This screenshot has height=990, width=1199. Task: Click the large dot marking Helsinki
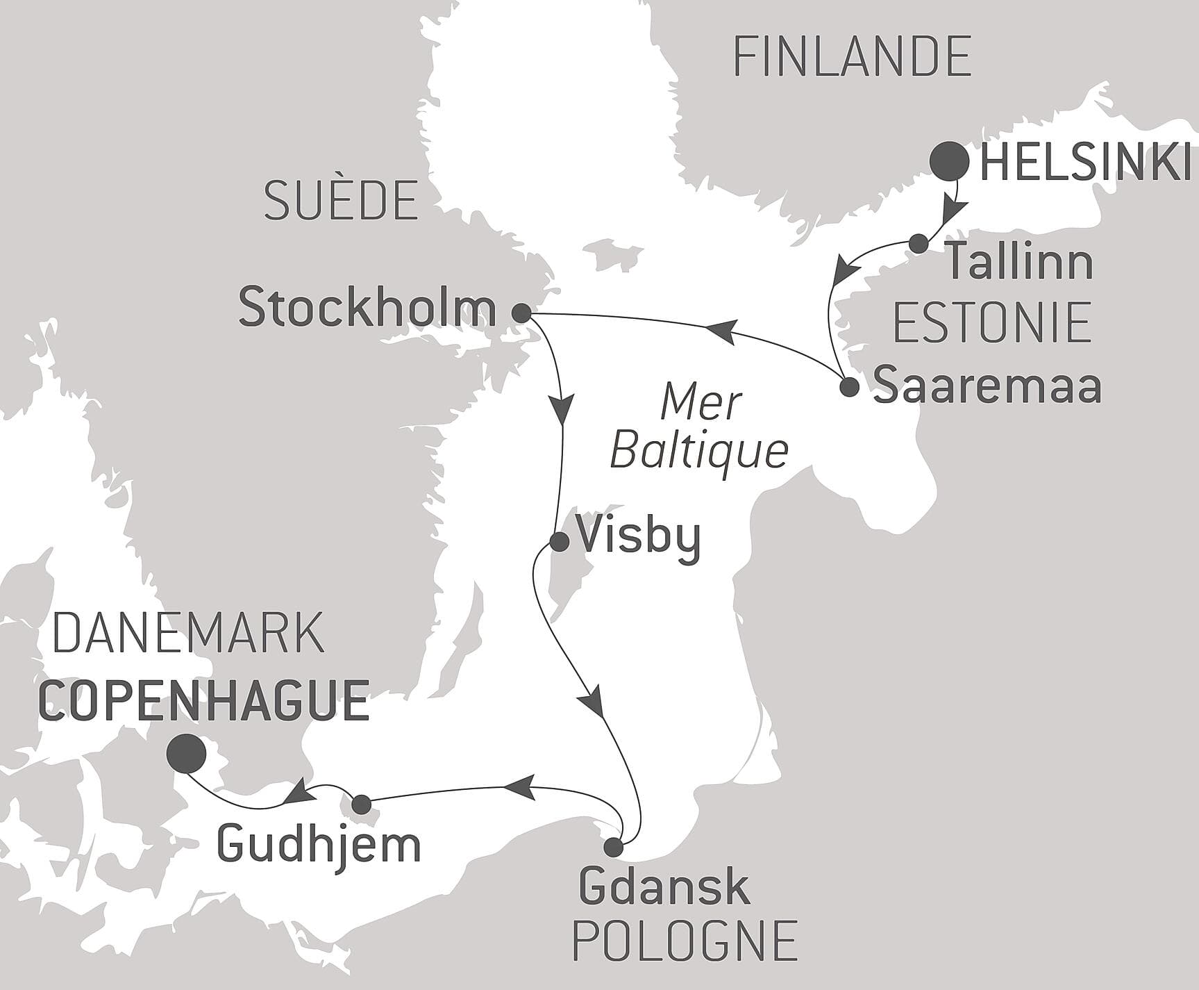click(949, 161)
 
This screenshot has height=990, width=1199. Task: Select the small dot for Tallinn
click(919, 243)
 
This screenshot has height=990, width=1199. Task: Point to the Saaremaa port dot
click(849, 387)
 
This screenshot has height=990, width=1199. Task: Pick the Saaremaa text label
click(987, 386)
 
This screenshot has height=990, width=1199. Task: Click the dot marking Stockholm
click(521, 313)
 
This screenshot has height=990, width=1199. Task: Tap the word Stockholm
click(367, 308)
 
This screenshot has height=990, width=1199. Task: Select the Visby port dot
click(559, 542)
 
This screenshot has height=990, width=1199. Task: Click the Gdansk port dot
click(613, 848)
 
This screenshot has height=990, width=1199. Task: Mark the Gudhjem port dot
click(361, 805)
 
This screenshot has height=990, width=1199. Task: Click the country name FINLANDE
click(853, 57)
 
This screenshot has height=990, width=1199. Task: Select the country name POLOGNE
click(684, 941)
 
